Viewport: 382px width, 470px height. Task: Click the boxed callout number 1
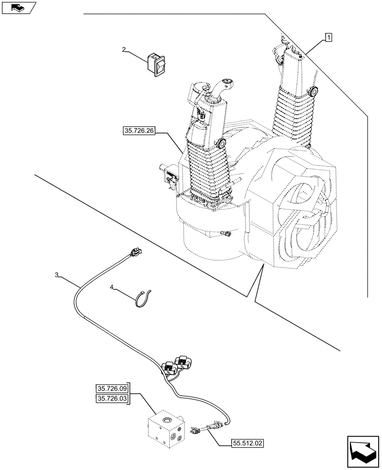click(x=328, y=37)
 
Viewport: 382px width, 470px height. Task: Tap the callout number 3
click(x=56, y=275)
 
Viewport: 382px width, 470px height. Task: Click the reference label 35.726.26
click(x=139, y=131)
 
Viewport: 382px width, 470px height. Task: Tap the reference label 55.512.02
click(x=247, y=442)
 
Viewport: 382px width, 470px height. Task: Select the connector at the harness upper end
click(x=135, y=254)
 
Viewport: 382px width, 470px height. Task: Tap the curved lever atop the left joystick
click(x=219, y=86)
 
